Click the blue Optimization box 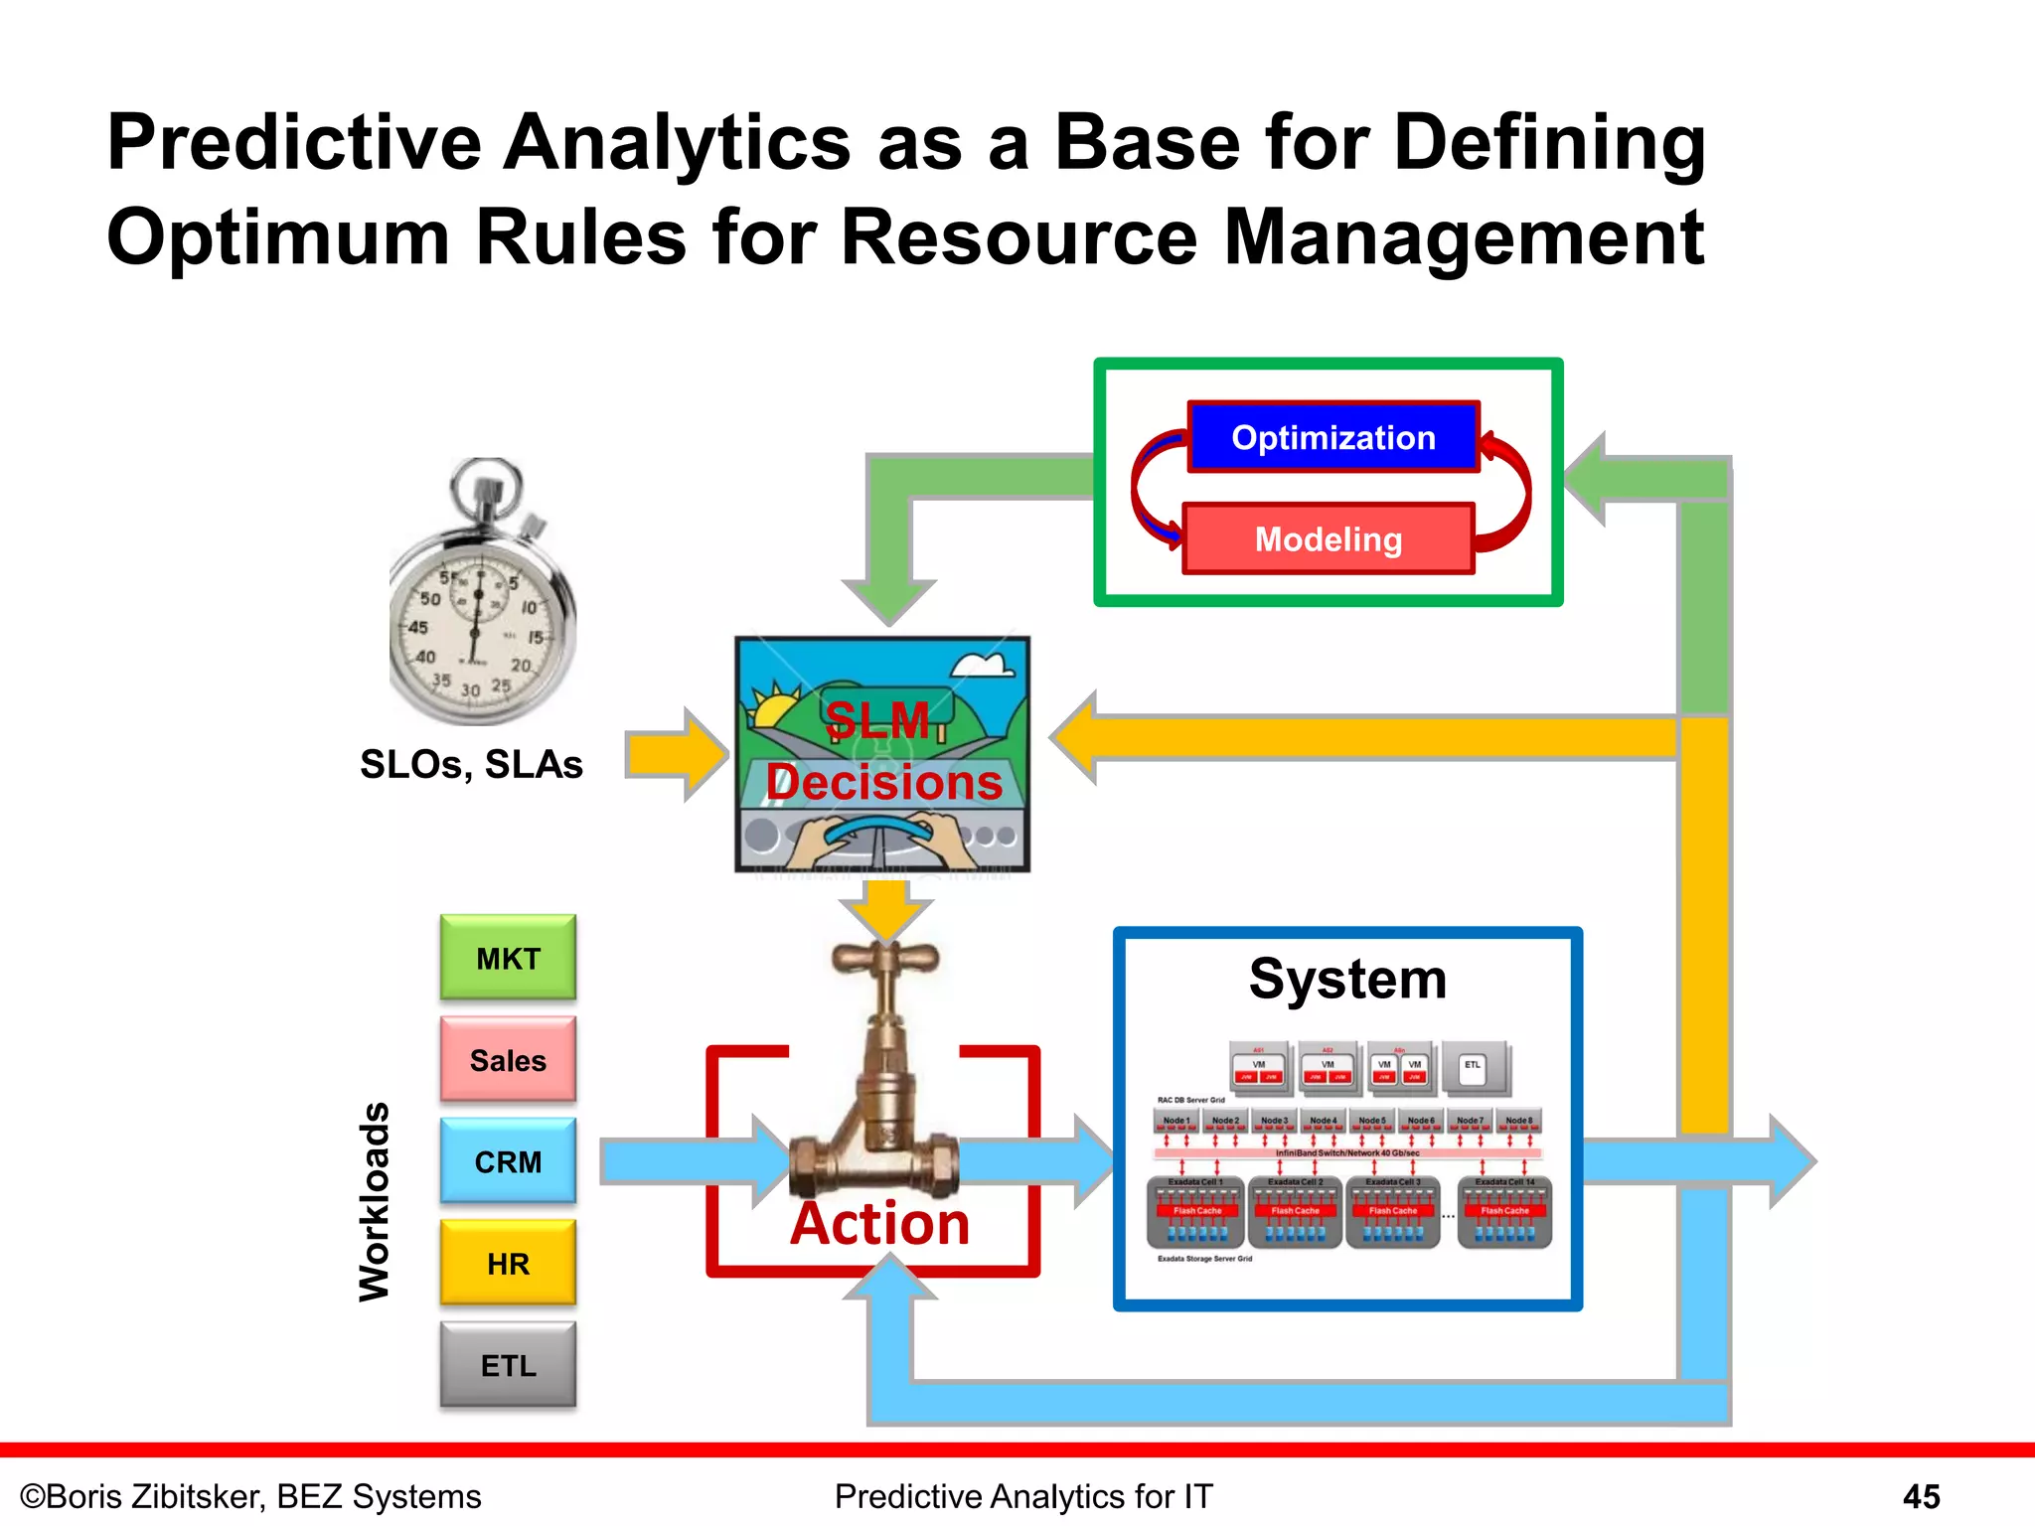pos(1332,437)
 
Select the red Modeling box pos(1328,539)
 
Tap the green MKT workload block pos(508,958)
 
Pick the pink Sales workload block pos(508,1060)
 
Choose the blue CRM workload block pos(508,1161)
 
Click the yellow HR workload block pos(508,1264)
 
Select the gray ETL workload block pos(508,1365)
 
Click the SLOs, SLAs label pos(471,764)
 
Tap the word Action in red pos(879,1223)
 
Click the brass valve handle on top pos(884,959)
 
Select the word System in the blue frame pos(1347,980)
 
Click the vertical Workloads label pos(375,1201)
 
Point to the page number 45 pos(1921,1496)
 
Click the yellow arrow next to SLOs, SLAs pos(676,754)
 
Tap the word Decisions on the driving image pos(883,783)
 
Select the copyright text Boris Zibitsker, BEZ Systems pos(250,1496)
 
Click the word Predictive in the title pos(293,143)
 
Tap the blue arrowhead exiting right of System pos(1793,1160)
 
